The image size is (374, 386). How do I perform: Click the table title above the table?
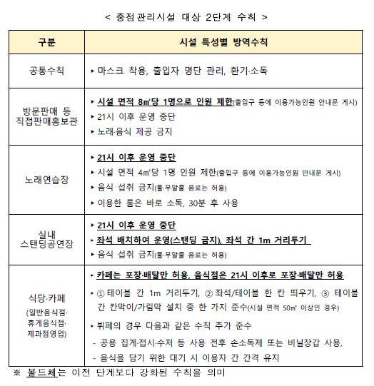[x=186, y=15]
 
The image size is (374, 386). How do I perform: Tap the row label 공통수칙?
[x=46, y=72]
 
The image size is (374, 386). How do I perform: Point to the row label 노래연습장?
[x=46, y=180]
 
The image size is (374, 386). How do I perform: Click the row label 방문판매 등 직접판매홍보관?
[x=46, y=117]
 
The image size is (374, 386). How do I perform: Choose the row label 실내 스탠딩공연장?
[x=46, y=238]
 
